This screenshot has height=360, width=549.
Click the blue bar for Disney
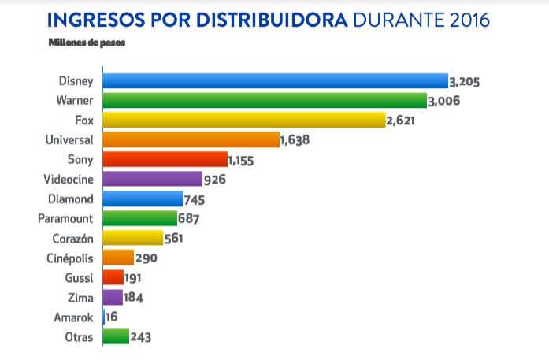coord(276,80)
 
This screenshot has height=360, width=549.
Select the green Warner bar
coord(265,100)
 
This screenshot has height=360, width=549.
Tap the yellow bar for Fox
coord(244,120)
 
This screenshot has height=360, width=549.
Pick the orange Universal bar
coord(191,139)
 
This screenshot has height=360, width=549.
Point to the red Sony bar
coord(165,159)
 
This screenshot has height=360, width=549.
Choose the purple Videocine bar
coord(153,179)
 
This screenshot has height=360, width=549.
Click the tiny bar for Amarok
coord(104,317)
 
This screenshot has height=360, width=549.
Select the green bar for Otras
coord(116,337)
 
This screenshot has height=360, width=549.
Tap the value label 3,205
coord(465,81)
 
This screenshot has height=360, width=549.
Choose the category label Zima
coord(82,298)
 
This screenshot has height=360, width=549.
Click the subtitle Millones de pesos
coord(87,42)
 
